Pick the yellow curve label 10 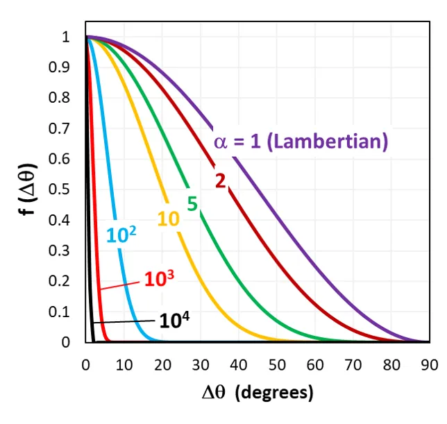[169, 219]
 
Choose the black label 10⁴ [174, 321]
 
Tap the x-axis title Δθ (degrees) [258, 393]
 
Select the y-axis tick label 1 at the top [67, 37]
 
